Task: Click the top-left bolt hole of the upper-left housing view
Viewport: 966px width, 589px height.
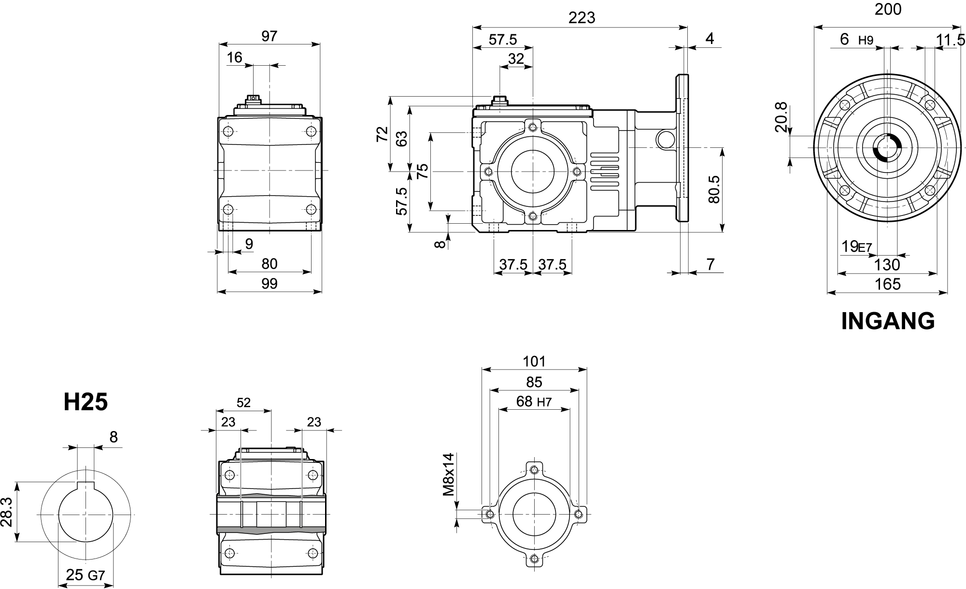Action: tap(229, 131)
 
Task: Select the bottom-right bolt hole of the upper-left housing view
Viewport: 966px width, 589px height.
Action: tap(311, 209)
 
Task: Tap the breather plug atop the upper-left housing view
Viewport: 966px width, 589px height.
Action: tap(253, 100)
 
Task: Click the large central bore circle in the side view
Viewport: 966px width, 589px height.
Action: tap(531, 171)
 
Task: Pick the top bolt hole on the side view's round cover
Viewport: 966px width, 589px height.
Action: tap(532, 128)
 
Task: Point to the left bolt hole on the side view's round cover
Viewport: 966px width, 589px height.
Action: tap(488, 172)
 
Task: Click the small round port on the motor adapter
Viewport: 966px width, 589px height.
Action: tap(665, 139)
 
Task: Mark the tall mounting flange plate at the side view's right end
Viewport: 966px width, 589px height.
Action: tap(682, 148)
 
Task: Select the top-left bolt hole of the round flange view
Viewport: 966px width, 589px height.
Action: tap(845, 105)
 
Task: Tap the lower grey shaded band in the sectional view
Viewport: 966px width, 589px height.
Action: tap(271, 530)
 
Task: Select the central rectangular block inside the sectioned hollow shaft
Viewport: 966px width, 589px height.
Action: tap(271, 514)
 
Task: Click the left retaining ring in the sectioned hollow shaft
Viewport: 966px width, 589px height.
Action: tap(241, 514)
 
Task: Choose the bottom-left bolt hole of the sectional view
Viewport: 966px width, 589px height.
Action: tap(229, 553)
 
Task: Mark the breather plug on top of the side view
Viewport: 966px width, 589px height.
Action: tap(499, 101)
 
